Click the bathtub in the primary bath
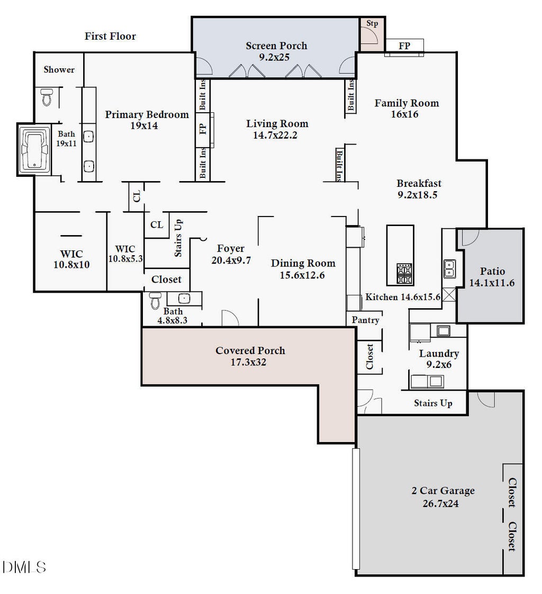point(34,149)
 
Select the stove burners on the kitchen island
point(404,274)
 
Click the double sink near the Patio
point(449,269)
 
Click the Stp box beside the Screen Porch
point(372,34)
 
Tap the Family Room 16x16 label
point(406,109)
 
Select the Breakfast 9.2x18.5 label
point(419,188)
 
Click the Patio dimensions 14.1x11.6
point(492,283)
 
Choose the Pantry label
point(365,320)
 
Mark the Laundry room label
point(439,354)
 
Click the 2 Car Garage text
point(443,491)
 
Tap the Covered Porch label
point(250,350)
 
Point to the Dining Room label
point(303,263)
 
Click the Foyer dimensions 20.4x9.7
point(231,260)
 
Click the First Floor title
point(110,36)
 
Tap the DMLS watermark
point(24,567)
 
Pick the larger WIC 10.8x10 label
point(71,259)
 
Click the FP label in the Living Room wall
point(203,129)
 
